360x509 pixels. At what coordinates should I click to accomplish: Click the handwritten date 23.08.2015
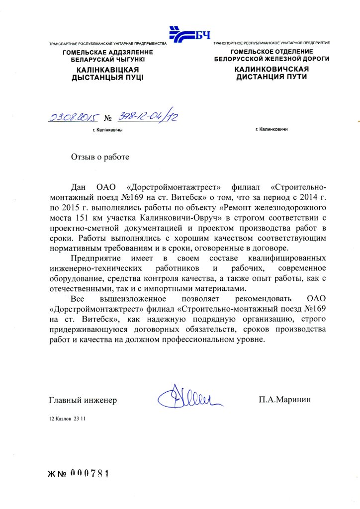[x=73, y=117]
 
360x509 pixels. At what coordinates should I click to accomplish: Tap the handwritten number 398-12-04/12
[x=148, y=117]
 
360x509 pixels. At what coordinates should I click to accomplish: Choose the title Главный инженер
[x=83, y=400]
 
